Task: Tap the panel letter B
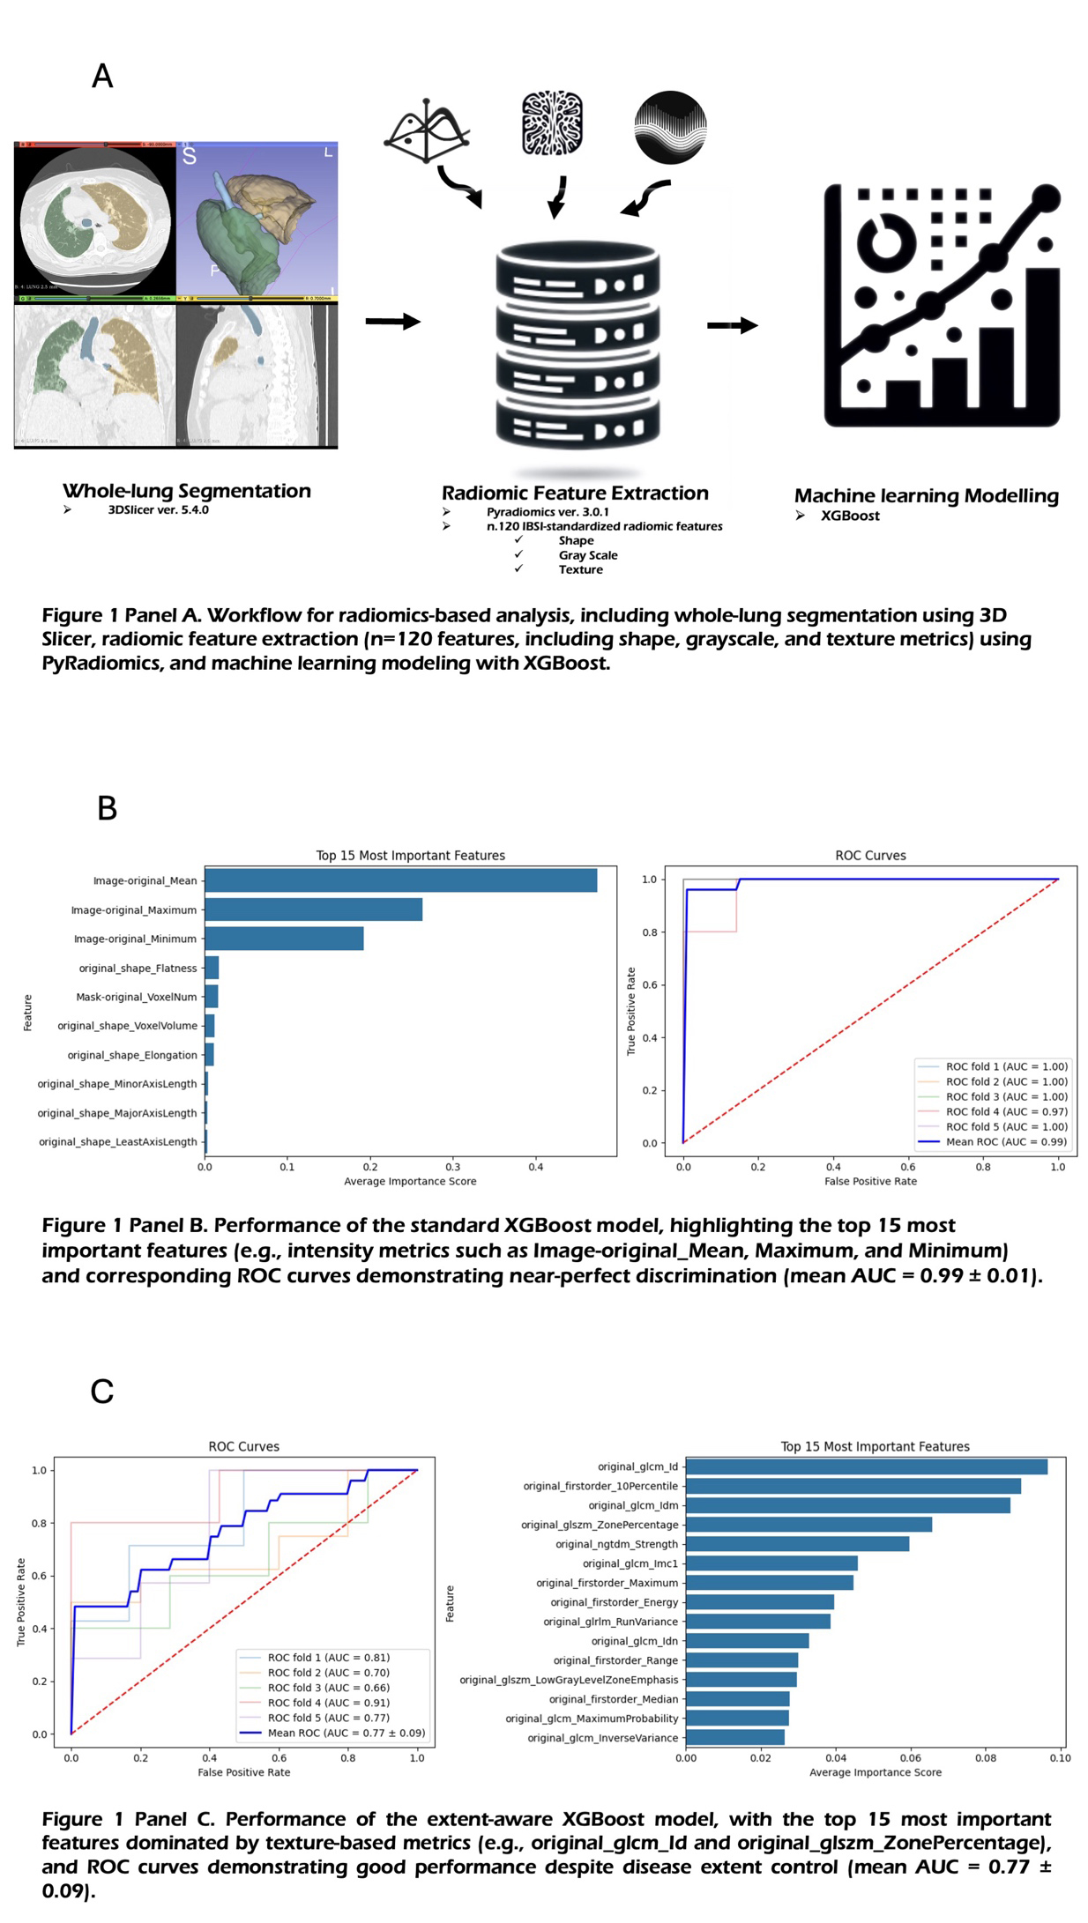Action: [x=107, y=807]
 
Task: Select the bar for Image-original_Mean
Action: [x=400, y=880]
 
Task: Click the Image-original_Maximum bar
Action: [x=313, y=910]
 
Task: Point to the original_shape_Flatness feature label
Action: [x=138, y=968]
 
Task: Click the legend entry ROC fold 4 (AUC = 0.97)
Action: [x=1006, y=1111]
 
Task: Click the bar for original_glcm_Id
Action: [x=866, y=1466]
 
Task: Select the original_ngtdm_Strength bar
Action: [x=797, y=1543]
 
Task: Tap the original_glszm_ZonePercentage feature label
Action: [x=600, y=1525]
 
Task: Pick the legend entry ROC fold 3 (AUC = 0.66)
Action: [x=328, y=1687]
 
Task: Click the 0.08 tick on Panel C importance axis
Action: [x=985, y=1757]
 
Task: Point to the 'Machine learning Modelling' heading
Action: [x=926, y=496]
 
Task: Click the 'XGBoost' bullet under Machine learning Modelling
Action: [x=850, y=516]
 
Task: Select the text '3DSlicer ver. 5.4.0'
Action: [x=158, y=509]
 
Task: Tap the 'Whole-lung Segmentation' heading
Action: [x=187, y=491]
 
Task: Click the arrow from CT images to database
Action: [x=392, y=322]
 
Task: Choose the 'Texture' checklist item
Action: [x=580, y=569]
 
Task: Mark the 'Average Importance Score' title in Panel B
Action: [x=410, y=1181]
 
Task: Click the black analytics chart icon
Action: [x=941, y=305]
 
